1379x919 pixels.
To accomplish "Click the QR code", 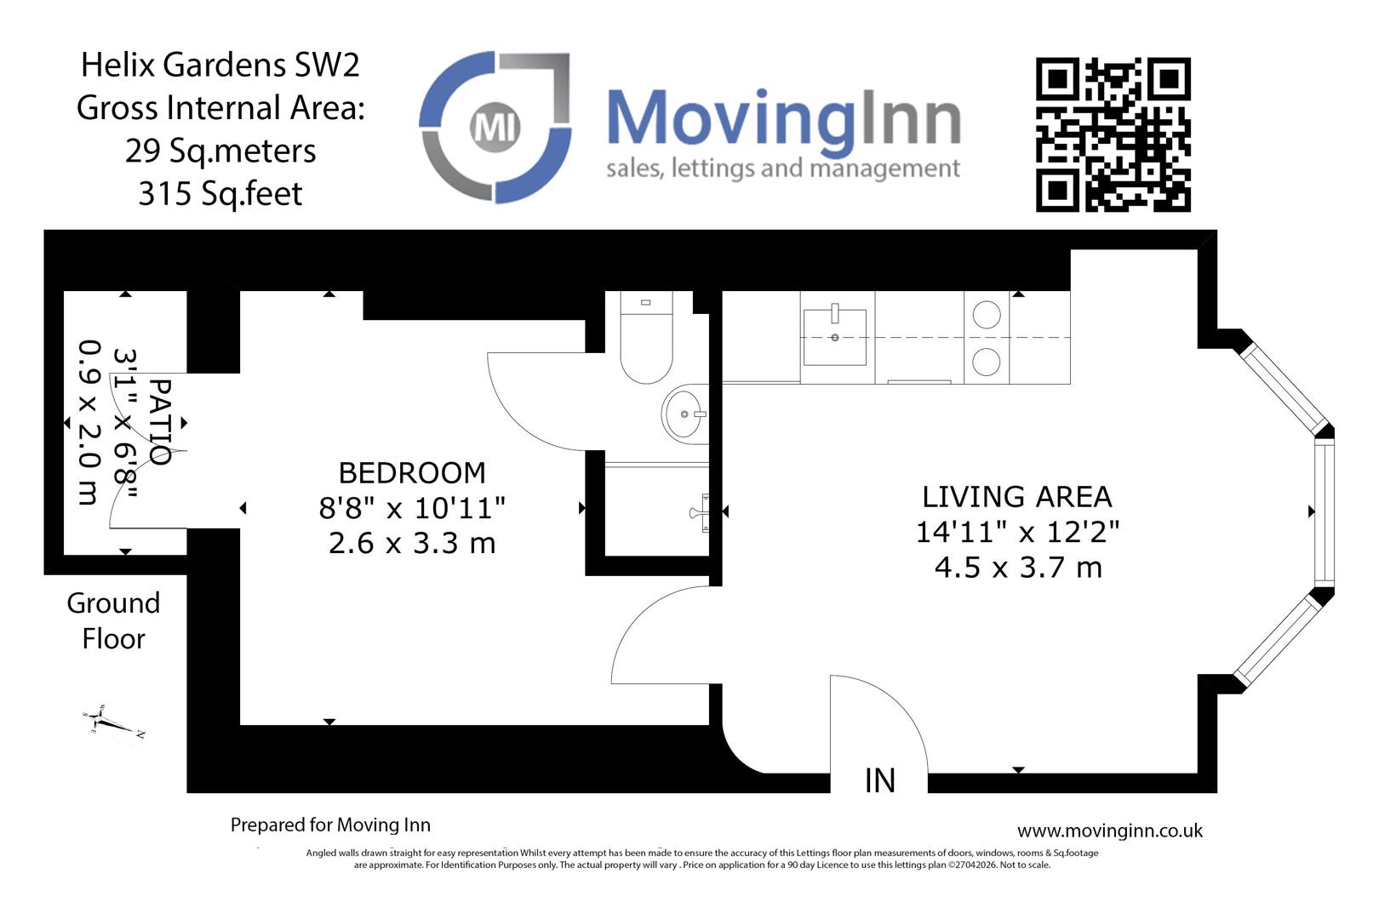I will [x=1113, y=134].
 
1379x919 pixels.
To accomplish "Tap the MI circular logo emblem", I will [x=495, y=128].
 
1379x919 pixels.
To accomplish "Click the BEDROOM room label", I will [x=412, y=472].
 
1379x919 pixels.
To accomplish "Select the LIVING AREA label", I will [x=1017, y=497].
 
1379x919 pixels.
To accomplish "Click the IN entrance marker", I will [x=879, y=780].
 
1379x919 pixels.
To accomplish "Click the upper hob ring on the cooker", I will [x=986, y=315].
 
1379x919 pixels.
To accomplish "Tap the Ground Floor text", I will [x=113, y=620].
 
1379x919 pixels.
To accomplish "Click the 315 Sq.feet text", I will [x=220, y=194].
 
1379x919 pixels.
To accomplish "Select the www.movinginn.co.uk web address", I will [x=1109, y=831].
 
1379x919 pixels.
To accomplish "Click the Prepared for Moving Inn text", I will [x=330, y=825].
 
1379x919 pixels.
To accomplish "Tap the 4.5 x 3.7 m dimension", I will [x=1018, y=568].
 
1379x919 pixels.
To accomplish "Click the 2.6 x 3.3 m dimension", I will [x=412, y=543].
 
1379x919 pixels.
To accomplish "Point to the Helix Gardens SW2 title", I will [x=220, y=65].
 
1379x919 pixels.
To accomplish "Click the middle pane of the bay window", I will [x=1324, y=511].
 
